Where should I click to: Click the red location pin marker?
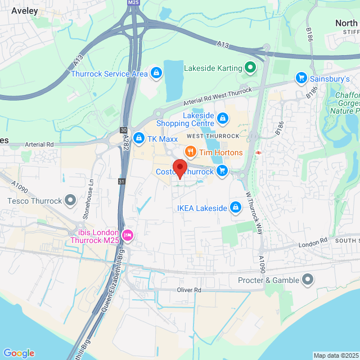(x=179, y=168)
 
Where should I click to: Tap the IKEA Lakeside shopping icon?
(x=236, y=208)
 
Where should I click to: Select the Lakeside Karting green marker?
(x=251, y=69)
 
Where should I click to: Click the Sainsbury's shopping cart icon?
(x=301, y=79)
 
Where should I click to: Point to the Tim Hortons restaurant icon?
(x=190, y=152)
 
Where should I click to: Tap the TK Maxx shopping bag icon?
(x=138, y=139)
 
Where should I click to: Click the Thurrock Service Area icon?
(x=156, y=73)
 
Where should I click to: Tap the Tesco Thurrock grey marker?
(x=70, y=200)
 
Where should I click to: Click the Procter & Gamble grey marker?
(x=307, y=280)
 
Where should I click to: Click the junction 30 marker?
(x=123, y=130)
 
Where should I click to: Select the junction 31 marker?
(x=121, y=181)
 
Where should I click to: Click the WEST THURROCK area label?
(x=213, y=137)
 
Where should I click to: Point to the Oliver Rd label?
(x=189, y=290)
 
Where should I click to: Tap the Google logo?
(x=19, y=353)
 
